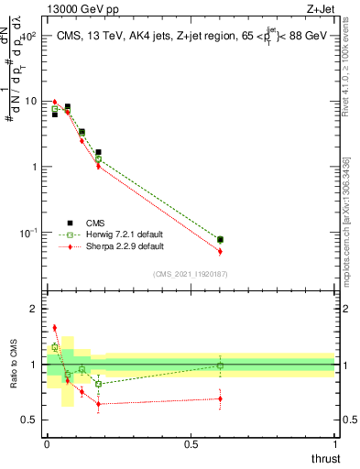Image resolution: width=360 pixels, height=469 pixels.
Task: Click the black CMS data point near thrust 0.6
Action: pyautogui.click(x=220, y=240)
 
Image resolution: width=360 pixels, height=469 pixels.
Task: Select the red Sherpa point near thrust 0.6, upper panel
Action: pyautogui.click(x=220, y=251)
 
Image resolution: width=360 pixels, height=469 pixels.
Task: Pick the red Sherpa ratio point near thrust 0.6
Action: pyautogui.click(x=220, y=398)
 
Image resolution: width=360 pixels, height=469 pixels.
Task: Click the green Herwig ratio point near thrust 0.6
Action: pyautogui.click(x=220, y=365)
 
